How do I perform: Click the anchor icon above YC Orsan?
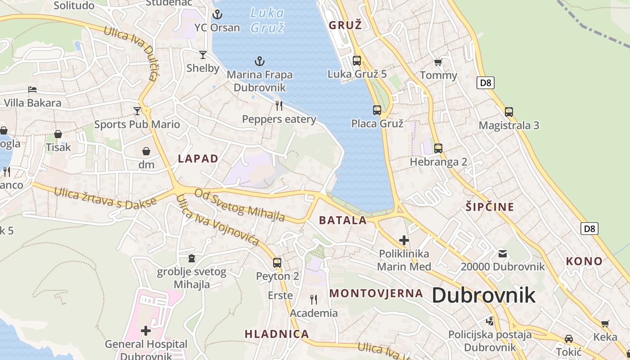point(217,14)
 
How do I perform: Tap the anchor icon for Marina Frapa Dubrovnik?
point(260,61)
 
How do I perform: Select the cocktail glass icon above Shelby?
point(203,55)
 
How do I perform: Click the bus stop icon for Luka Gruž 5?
point(357,60)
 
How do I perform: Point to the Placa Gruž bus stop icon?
point(377,110)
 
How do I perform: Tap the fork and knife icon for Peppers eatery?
point(279,106)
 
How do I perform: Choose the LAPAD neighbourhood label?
point(198,158)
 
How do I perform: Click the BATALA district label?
point(343,220)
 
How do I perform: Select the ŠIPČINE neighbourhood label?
point(490,207)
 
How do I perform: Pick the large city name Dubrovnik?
point(484,296)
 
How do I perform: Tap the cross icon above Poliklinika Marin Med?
point(404,240)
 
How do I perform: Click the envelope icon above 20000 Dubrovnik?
point(503,254)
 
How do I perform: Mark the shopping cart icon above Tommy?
point(438,63)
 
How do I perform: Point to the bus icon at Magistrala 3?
point(509,112)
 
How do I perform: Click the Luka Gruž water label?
point(267,20)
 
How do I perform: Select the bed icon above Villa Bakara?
point(32,90)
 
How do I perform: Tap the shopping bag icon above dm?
point(146,151)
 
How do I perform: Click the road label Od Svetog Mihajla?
point(239,205)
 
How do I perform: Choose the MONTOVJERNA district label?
point(376,293)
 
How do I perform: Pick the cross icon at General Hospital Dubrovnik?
point(146,331)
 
